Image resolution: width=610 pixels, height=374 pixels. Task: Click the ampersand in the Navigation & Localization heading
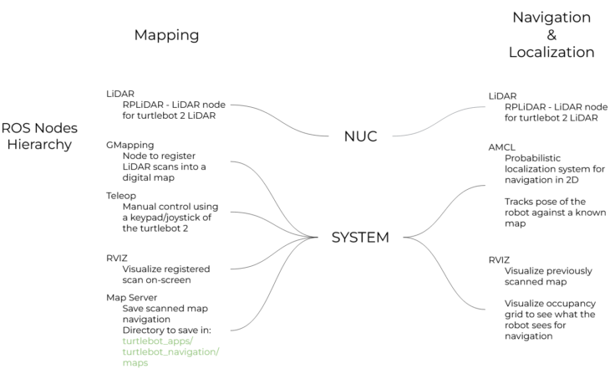point(551,34)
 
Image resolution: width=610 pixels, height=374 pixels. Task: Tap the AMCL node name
point(503,146)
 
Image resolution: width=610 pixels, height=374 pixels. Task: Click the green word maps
point(135,363)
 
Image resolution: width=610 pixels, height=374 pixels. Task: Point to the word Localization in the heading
point(552,52)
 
